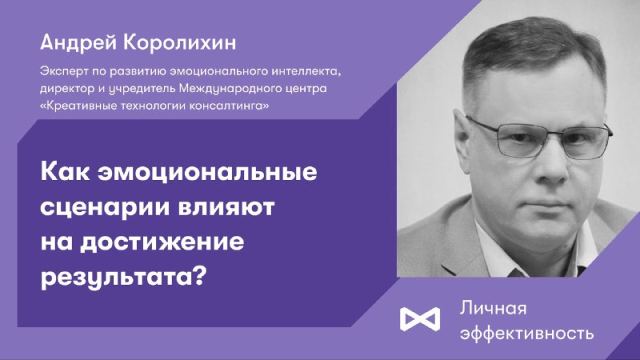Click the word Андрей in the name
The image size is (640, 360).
pos(78,43)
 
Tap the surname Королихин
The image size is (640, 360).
pos(179,43)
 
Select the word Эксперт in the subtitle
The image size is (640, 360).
pos(64,72)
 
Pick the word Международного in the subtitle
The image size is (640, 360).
pos(231,89)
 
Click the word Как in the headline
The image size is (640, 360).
pos(65,171)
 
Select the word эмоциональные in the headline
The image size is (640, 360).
pos(207,172)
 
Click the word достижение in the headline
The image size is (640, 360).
pos(162,243)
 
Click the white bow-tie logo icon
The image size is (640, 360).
pos(420,318)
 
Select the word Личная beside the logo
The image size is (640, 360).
pos(494,308)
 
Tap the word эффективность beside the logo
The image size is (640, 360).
pos(527,334)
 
